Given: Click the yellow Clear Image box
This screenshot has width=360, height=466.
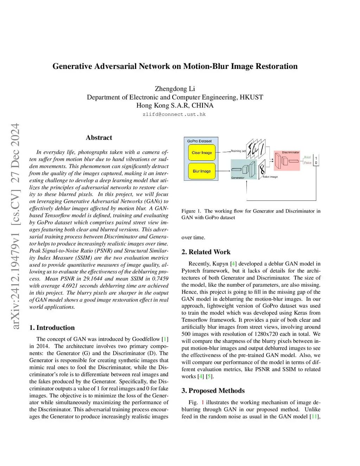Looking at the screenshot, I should coord(201,153).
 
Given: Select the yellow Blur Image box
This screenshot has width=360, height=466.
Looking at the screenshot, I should coord(201,171).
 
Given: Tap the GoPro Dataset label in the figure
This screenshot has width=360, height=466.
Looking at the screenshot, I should coord(199,141).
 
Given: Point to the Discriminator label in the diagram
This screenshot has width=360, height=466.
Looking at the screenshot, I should coord(290,152).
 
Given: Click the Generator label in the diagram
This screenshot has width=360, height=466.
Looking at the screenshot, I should coord(238,178).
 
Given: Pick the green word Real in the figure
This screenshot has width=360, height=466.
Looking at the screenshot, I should coord(307,157).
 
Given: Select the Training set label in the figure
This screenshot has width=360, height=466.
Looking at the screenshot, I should coord(238,151).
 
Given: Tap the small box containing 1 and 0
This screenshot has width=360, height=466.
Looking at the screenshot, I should coord(316,160).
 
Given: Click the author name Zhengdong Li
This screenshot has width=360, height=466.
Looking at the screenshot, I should coord(175,89).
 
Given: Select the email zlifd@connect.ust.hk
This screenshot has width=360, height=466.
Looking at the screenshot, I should coord(174,114).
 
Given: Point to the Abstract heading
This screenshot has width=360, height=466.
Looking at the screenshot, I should coord(99,138).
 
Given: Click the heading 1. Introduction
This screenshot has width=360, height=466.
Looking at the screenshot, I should coord(52,327).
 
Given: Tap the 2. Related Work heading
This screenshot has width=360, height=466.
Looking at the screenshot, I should coord(206,252).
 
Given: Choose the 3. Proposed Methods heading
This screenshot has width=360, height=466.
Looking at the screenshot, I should coord(213,390).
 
